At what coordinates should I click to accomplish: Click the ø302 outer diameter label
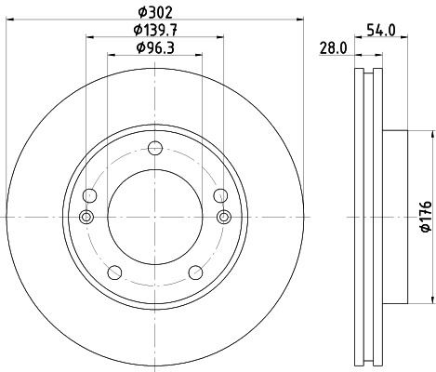(154, 13)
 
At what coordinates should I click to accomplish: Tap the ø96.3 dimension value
(154, 47)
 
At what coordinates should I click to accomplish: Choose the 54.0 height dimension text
(382, 31)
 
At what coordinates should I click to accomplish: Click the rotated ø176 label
(425, 216)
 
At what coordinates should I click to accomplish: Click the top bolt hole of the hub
(155, 147)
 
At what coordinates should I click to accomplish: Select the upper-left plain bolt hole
(90, 195)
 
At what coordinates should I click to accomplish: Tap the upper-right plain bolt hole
(220, 195)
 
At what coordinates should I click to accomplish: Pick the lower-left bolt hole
(115, 272)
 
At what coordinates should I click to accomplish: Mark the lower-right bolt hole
(196, 272)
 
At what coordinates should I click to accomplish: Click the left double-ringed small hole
(87, 217)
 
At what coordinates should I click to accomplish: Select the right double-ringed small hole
(223, 217)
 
